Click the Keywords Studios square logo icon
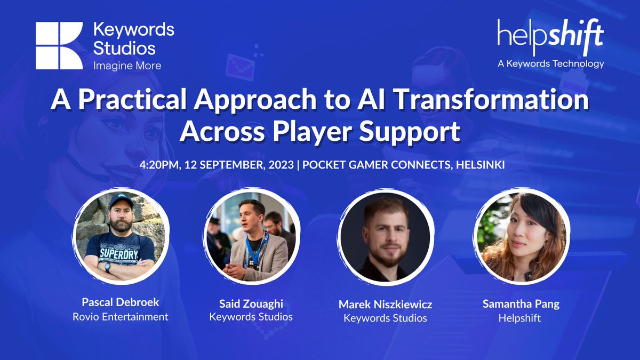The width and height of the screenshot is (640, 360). pos(59,46)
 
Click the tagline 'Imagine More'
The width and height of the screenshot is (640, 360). pos(127,66)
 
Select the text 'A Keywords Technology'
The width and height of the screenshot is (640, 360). pos(550,64)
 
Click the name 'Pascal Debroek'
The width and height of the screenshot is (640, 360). pos(121,302)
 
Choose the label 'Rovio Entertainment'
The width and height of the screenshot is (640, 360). pos(121,317)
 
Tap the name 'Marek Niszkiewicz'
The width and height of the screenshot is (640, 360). pos(385,305)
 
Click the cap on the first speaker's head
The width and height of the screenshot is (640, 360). pos(121,202)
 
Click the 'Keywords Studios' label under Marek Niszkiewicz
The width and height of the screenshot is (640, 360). pos(385,318)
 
